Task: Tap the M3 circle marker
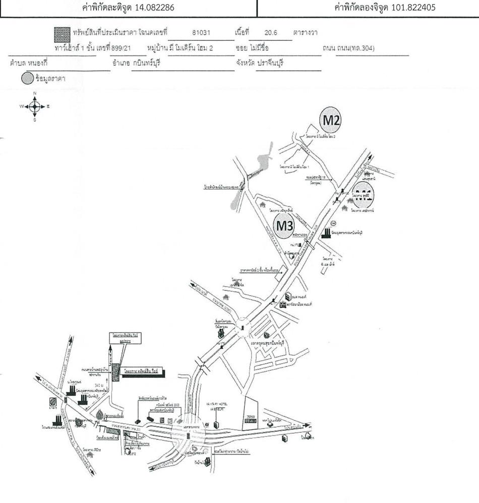click(x=285, y=227)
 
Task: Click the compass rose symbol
click(x=35, y=106)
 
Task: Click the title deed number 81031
click(x=201, y=33)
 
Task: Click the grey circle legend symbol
click(x=27, y=79)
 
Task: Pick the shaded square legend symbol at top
click(x=61, y=34)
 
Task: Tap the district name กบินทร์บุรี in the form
click(x=146, y=65)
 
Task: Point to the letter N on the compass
click(x=35, y=94)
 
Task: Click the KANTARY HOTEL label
click(x=215, y=404)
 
